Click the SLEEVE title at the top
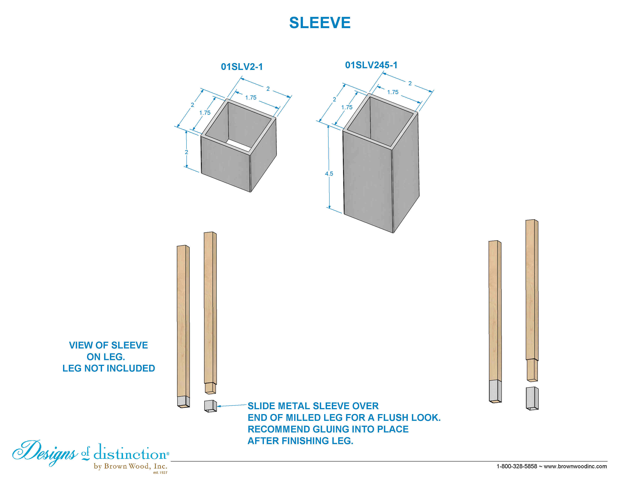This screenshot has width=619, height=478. tap(320, 23)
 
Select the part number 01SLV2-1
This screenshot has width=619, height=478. tap(242, 67)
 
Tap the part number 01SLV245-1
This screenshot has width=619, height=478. tap(371, 65)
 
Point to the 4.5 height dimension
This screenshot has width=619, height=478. tap(329, 174)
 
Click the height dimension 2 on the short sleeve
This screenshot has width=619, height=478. tap(186, 152)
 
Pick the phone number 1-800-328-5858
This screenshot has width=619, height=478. tap(517, 466)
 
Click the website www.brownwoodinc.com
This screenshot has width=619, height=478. tap(575, 466)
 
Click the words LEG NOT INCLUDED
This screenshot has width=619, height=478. tap(109, 368)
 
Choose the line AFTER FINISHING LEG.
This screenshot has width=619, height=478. tap(300, 441)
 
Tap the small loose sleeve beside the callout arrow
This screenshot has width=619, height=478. tap(210, 406)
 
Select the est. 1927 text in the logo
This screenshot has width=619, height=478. tap(160, 472)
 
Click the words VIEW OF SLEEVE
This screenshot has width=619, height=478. tap(109, 345)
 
